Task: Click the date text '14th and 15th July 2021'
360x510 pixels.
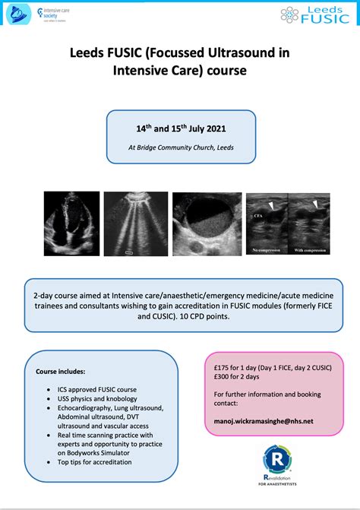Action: click(178, 128)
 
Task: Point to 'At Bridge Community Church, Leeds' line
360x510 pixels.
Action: click(178, 147)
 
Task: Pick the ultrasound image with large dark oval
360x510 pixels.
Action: click(207, 225)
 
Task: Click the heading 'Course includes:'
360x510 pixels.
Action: click(61, 372)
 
